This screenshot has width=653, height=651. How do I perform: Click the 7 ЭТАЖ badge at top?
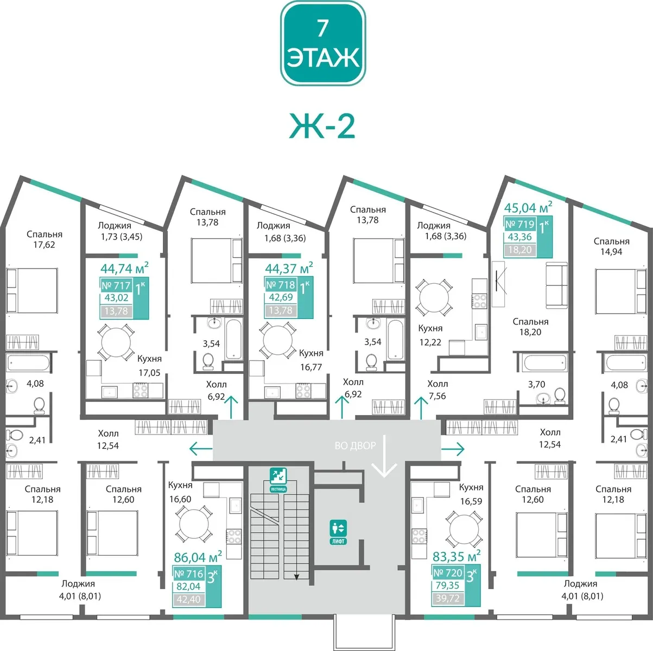pyautogui.click(x=323, y=43)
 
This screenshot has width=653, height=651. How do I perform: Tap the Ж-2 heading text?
pyautogui.click(x=322, y=126)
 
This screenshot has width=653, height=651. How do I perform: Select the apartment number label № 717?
pyautogui.click(x=116, y=285)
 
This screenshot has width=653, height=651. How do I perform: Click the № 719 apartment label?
pyautogui.click(x=520, y=224)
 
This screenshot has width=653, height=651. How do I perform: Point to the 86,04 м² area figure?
pyautogui.click(x=198, y=557)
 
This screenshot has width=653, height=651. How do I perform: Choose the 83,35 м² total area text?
pyautogui.click(x=457, y=556)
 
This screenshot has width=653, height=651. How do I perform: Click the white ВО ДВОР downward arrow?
pyautogui.click(x=384, y=456)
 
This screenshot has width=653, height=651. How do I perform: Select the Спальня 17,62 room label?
pyautogui.click(x=45, y=239)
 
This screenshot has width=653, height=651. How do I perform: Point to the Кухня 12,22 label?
pyautogui.click(x=430, y=335)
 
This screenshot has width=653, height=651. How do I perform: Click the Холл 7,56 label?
pyautogui.click(x=438, y=390)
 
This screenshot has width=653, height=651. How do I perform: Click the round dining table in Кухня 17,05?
pyautogui.click(x=116, y=342)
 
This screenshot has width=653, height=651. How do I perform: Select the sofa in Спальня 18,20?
pyautogui.click(x=556, y=285)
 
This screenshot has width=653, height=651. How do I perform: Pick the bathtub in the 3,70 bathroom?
pyautogui.click(x=544, y=363)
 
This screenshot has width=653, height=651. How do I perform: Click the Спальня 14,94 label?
pyautogui.click(x=611, y=247)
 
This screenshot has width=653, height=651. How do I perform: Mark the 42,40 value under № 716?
pyautogui.click(x=188, y=599)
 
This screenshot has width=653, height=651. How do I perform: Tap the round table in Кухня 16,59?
pyautogui.click(x=464, y=529)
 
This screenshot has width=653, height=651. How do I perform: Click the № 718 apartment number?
pyautogui.click(x=281, y=285)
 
